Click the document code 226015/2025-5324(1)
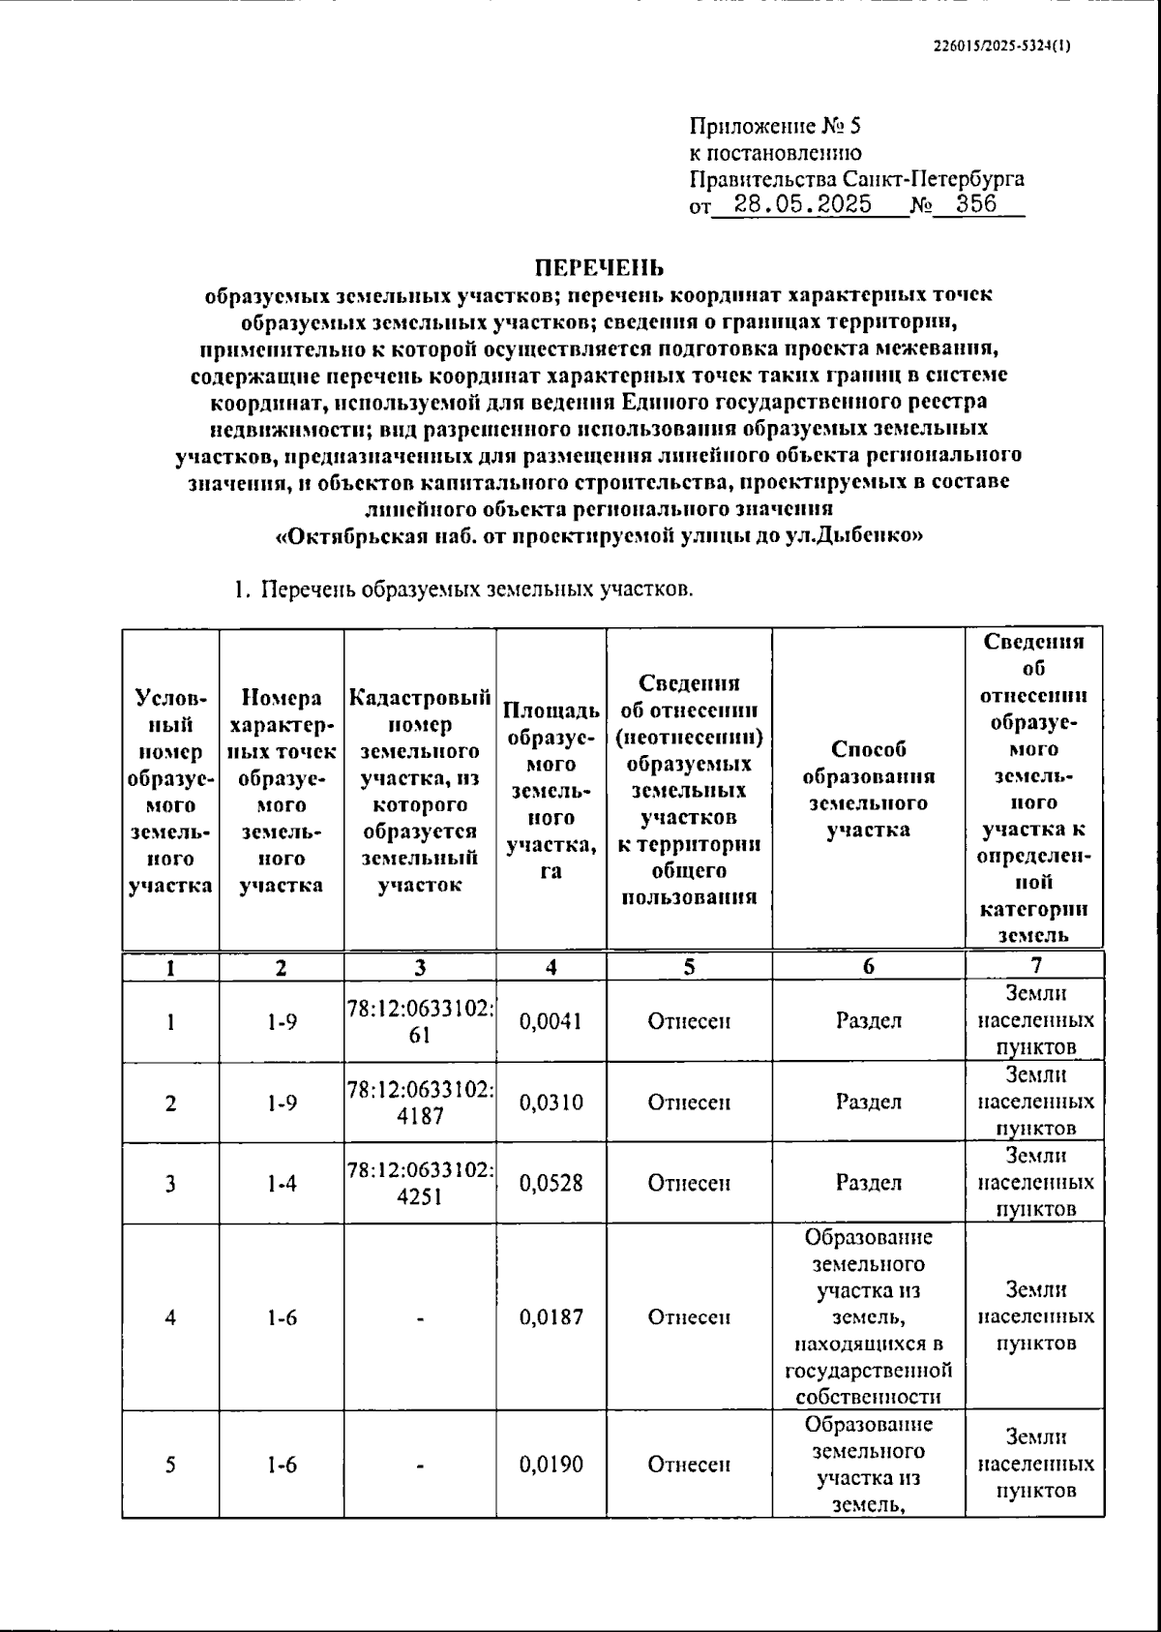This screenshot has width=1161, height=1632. [x=1002, y=45]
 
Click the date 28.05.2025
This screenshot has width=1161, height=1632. [x=802, y=204]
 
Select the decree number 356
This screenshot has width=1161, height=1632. [x=976, y=204]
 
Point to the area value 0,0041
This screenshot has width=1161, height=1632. [x=551, y=1021]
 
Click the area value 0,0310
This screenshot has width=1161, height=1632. [x=551, y=1103]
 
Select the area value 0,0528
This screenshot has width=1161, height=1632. [x=551, y=1183]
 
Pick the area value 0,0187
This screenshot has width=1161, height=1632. [x=551, y=1316]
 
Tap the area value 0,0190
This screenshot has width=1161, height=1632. [x=551, y=1464]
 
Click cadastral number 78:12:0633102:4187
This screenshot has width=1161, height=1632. [x=420, y=1103]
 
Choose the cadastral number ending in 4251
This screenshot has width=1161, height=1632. [x=420, y=1183]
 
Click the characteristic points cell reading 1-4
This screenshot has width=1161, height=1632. [x=282, y=1183]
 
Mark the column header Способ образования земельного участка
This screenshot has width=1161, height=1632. [x=868, y=789]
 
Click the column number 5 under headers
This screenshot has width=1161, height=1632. [x=689, y=966]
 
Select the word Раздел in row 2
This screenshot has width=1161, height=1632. [x=868, y=1103]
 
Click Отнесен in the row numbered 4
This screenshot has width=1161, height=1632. [x=689, y=1316]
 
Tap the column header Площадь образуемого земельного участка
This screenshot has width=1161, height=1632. [x=551, y=789]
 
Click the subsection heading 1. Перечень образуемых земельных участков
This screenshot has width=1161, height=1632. [x=462, y=589]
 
